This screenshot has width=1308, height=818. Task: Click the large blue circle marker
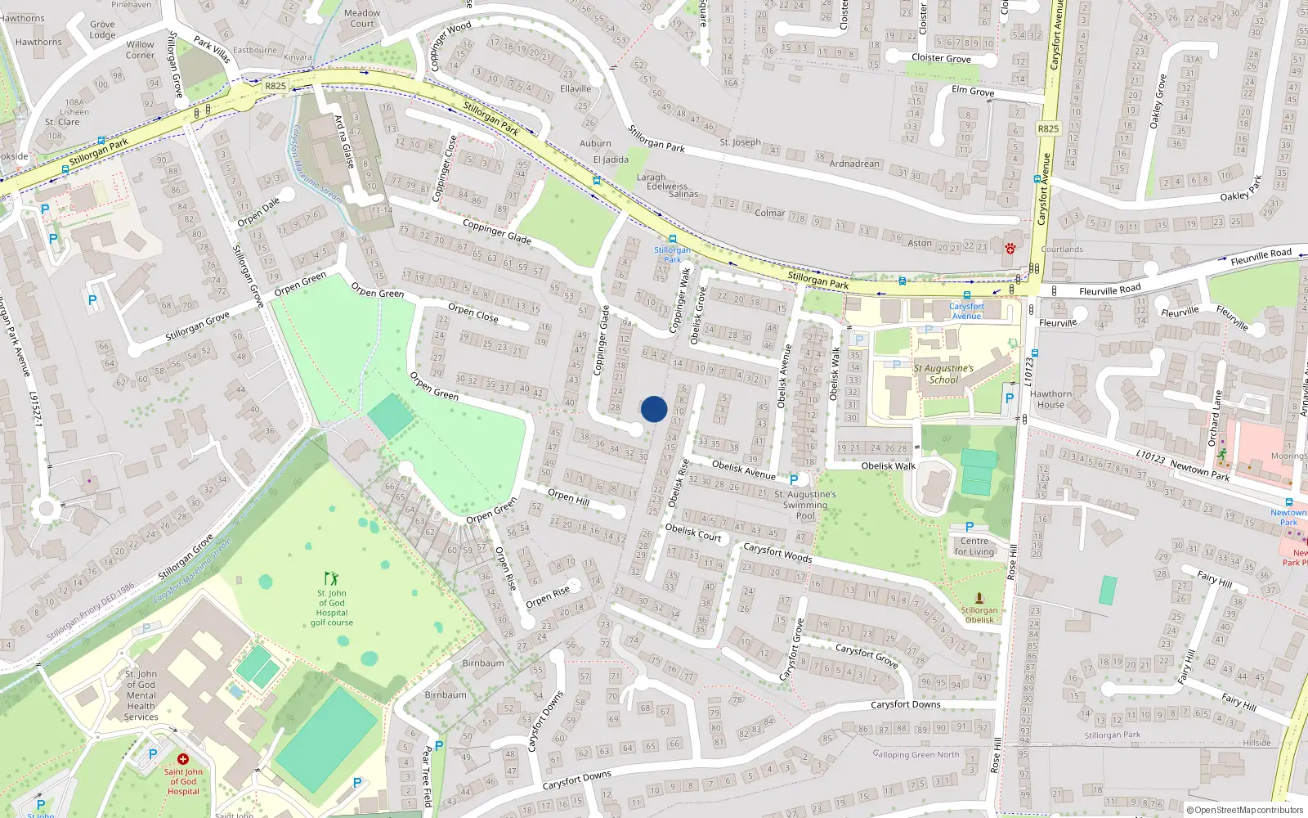click(654, 409)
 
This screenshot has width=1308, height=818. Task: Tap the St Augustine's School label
click(943, 374)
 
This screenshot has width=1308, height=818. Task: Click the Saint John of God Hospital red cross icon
click(183, 759)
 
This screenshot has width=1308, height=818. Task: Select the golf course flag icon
click(330, 578)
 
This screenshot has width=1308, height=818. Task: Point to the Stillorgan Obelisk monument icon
click(979, 598)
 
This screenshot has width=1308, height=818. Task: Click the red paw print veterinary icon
click(1010, 248)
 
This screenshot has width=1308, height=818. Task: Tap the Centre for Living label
click(974, 546)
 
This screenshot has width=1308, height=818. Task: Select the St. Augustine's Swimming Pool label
click(805, 505)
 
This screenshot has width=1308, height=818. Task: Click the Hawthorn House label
click(1050, 399)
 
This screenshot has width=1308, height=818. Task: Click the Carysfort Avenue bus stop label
click(966, 311)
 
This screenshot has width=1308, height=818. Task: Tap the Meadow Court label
click(362, 18)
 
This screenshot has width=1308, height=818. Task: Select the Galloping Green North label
click(916, 754)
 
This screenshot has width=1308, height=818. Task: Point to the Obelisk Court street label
click(693, 532)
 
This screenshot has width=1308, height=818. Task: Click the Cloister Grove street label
click(941, 58)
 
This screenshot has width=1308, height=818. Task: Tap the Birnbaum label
click(483, 663)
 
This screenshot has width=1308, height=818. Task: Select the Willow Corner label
click(140, 50)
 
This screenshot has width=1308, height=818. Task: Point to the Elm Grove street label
click(973, 91)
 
